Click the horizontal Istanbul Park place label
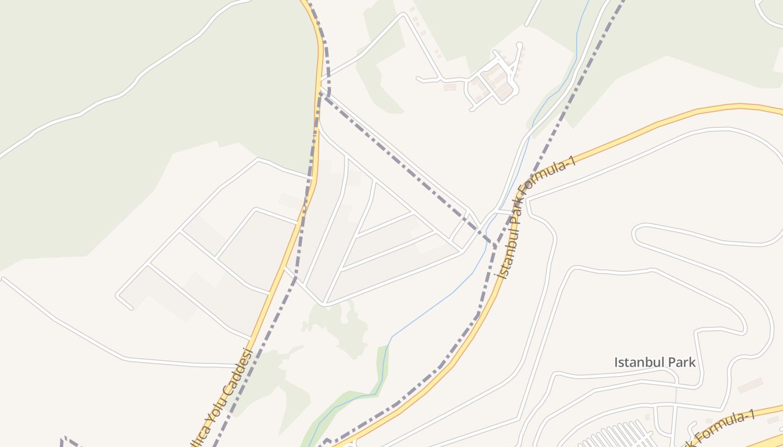(655, 362)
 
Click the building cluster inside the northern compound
(495, 81)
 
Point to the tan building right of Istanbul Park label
(750, 385)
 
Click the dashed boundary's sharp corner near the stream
(496, 246)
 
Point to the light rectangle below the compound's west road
(450, 87)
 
